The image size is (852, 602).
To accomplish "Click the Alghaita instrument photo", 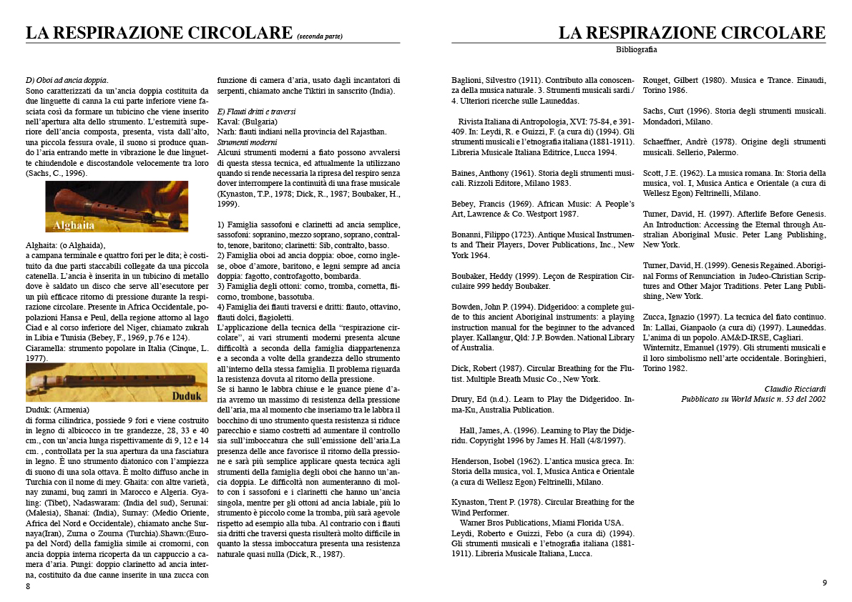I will click(x=117, y=207).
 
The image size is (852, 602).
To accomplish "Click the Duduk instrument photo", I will click(x=117, y=383).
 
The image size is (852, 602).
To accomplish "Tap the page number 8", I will click(x=28, y=586).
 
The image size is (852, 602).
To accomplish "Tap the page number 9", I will click(x=824, y=583).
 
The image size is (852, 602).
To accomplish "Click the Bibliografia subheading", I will click(x=636, y=50).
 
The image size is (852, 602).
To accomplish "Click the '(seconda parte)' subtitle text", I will click(x=320, y=36).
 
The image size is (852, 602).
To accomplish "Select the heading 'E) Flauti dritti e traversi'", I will click(x=256, y=112).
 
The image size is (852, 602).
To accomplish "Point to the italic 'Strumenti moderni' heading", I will click(x=247, y=143).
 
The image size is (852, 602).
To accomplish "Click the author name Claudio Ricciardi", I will click(x=795, y=389).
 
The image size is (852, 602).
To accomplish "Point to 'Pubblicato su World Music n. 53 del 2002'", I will click(x=753, y=399).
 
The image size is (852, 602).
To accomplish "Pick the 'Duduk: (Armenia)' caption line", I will click(x=57, y=410).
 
